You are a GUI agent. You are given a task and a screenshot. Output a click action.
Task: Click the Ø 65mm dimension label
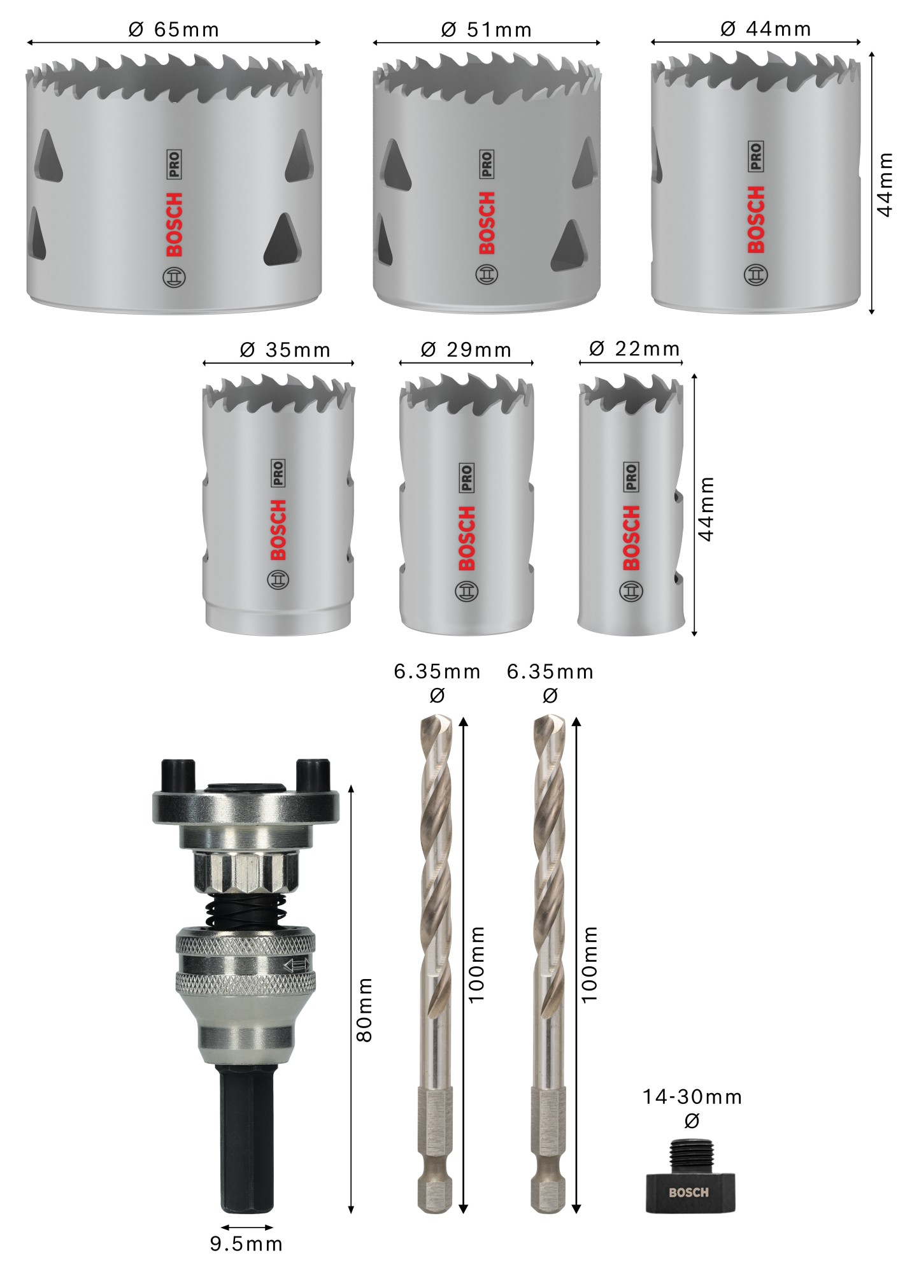coord(174,29)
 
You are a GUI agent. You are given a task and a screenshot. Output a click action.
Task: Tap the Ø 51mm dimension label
coord(487,29)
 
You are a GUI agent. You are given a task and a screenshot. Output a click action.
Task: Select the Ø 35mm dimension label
coord(285,350)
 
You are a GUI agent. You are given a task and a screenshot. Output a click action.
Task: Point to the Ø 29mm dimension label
coord(466,350)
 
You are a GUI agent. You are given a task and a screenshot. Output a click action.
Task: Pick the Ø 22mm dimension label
coord(635,348)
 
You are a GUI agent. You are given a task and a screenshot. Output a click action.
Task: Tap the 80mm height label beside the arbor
coord(364,1010)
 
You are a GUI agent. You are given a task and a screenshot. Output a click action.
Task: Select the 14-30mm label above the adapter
coord(692,1097)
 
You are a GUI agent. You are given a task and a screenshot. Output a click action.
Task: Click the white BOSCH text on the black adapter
coord(688,1192)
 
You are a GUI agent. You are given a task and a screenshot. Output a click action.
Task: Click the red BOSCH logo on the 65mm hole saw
coord(174,224)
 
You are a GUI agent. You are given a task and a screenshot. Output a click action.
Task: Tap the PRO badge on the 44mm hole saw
coord(756,156)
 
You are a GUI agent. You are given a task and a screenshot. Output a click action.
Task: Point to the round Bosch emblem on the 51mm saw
coord(487,275)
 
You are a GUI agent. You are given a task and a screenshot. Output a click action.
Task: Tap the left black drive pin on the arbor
coord(178,775)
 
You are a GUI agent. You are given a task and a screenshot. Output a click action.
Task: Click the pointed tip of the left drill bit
coord(437,720)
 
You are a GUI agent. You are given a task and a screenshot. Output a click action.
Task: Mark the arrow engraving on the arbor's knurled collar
coord(297,964)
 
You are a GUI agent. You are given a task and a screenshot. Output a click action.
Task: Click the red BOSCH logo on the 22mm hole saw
coord(631,538)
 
